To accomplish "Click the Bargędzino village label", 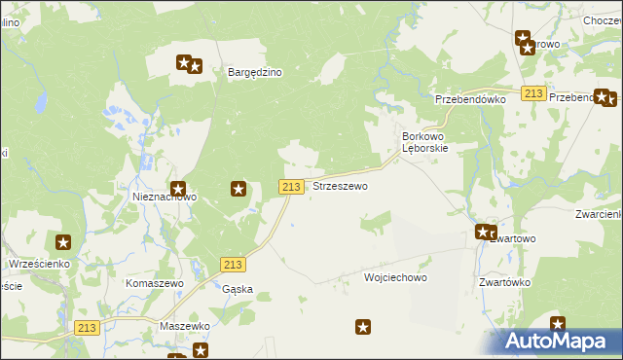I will click(254, 72).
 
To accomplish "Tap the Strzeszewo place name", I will click(340, 186).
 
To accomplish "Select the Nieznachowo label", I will click(165, 197).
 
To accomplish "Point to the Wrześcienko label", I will click(36, 264).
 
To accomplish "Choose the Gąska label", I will click(238, 289).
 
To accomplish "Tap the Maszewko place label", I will click(185, 326).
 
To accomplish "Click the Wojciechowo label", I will click(395, 277).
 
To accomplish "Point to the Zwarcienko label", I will click(598, 214).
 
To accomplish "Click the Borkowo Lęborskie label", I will click(424, 142).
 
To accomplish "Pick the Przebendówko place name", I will click(470, 99).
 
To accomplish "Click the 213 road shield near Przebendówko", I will click(532, 92).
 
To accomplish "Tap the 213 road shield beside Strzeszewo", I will click(291, 186).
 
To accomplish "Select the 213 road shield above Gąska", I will click(232, 265).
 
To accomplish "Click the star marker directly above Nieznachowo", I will click(178, 189).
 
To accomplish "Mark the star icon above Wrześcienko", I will click(63, 242).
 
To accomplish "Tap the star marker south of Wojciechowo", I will click(363, 329).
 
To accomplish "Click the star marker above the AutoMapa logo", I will click(558, 324).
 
